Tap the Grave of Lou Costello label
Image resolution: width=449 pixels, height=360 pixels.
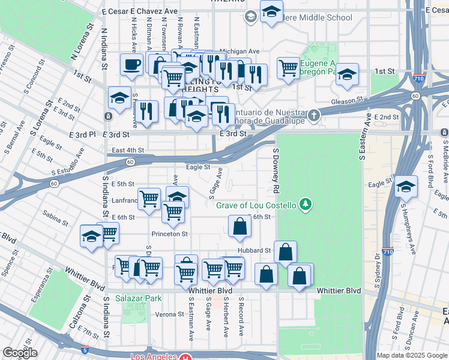pos(256,205)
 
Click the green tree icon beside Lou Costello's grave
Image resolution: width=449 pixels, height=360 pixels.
pos(306,205)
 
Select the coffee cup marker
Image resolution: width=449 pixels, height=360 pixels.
pos(131,65)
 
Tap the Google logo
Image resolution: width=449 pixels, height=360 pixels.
pos(20,353)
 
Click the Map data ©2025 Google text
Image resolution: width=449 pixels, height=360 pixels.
pos(411,355)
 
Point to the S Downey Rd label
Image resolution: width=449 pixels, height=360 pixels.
pos(277,171)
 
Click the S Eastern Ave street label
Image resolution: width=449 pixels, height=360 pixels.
pos(363,138)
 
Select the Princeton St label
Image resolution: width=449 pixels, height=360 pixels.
pos(169,234)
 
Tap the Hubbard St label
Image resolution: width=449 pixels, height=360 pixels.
pos(259,250)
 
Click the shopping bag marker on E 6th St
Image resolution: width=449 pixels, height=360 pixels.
pos(240,227)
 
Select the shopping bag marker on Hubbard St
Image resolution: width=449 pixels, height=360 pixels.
pos(286,251)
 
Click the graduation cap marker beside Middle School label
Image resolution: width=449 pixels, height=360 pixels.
pos(271,11)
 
